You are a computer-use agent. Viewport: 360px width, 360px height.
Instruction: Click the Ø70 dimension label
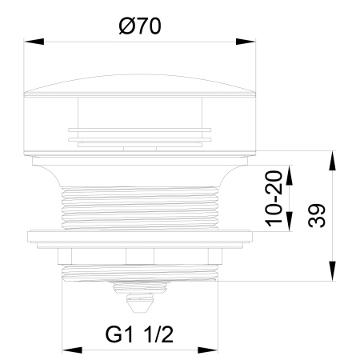click(140, 26)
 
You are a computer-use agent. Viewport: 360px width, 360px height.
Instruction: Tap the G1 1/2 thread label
click(139, 334)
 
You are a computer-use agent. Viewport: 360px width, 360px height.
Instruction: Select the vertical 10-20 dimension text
click(274, 198)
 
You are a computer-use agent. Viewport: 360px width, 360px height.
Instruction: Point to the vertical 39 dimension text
click(317, 215)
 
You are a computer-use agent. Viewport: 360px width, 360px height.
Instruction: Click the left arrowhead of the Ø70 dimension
click(34, 42)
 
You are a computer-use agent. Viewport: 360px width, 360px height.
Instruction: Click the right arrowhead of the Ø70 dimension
click(246, 42)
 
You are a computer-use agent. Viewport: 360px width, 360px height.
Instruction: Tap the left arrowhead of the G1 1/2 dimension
click(72, 350)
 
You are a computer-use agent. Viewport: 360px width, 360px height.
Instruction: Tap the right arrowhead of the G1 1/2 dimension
click(208, 350)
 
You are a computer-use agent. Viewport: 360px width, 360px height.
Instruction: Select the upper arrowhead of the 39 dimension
click(332, 161)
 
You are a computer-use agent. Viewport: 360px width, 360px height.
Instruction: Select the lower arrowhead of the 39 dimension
click(332, 270)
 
